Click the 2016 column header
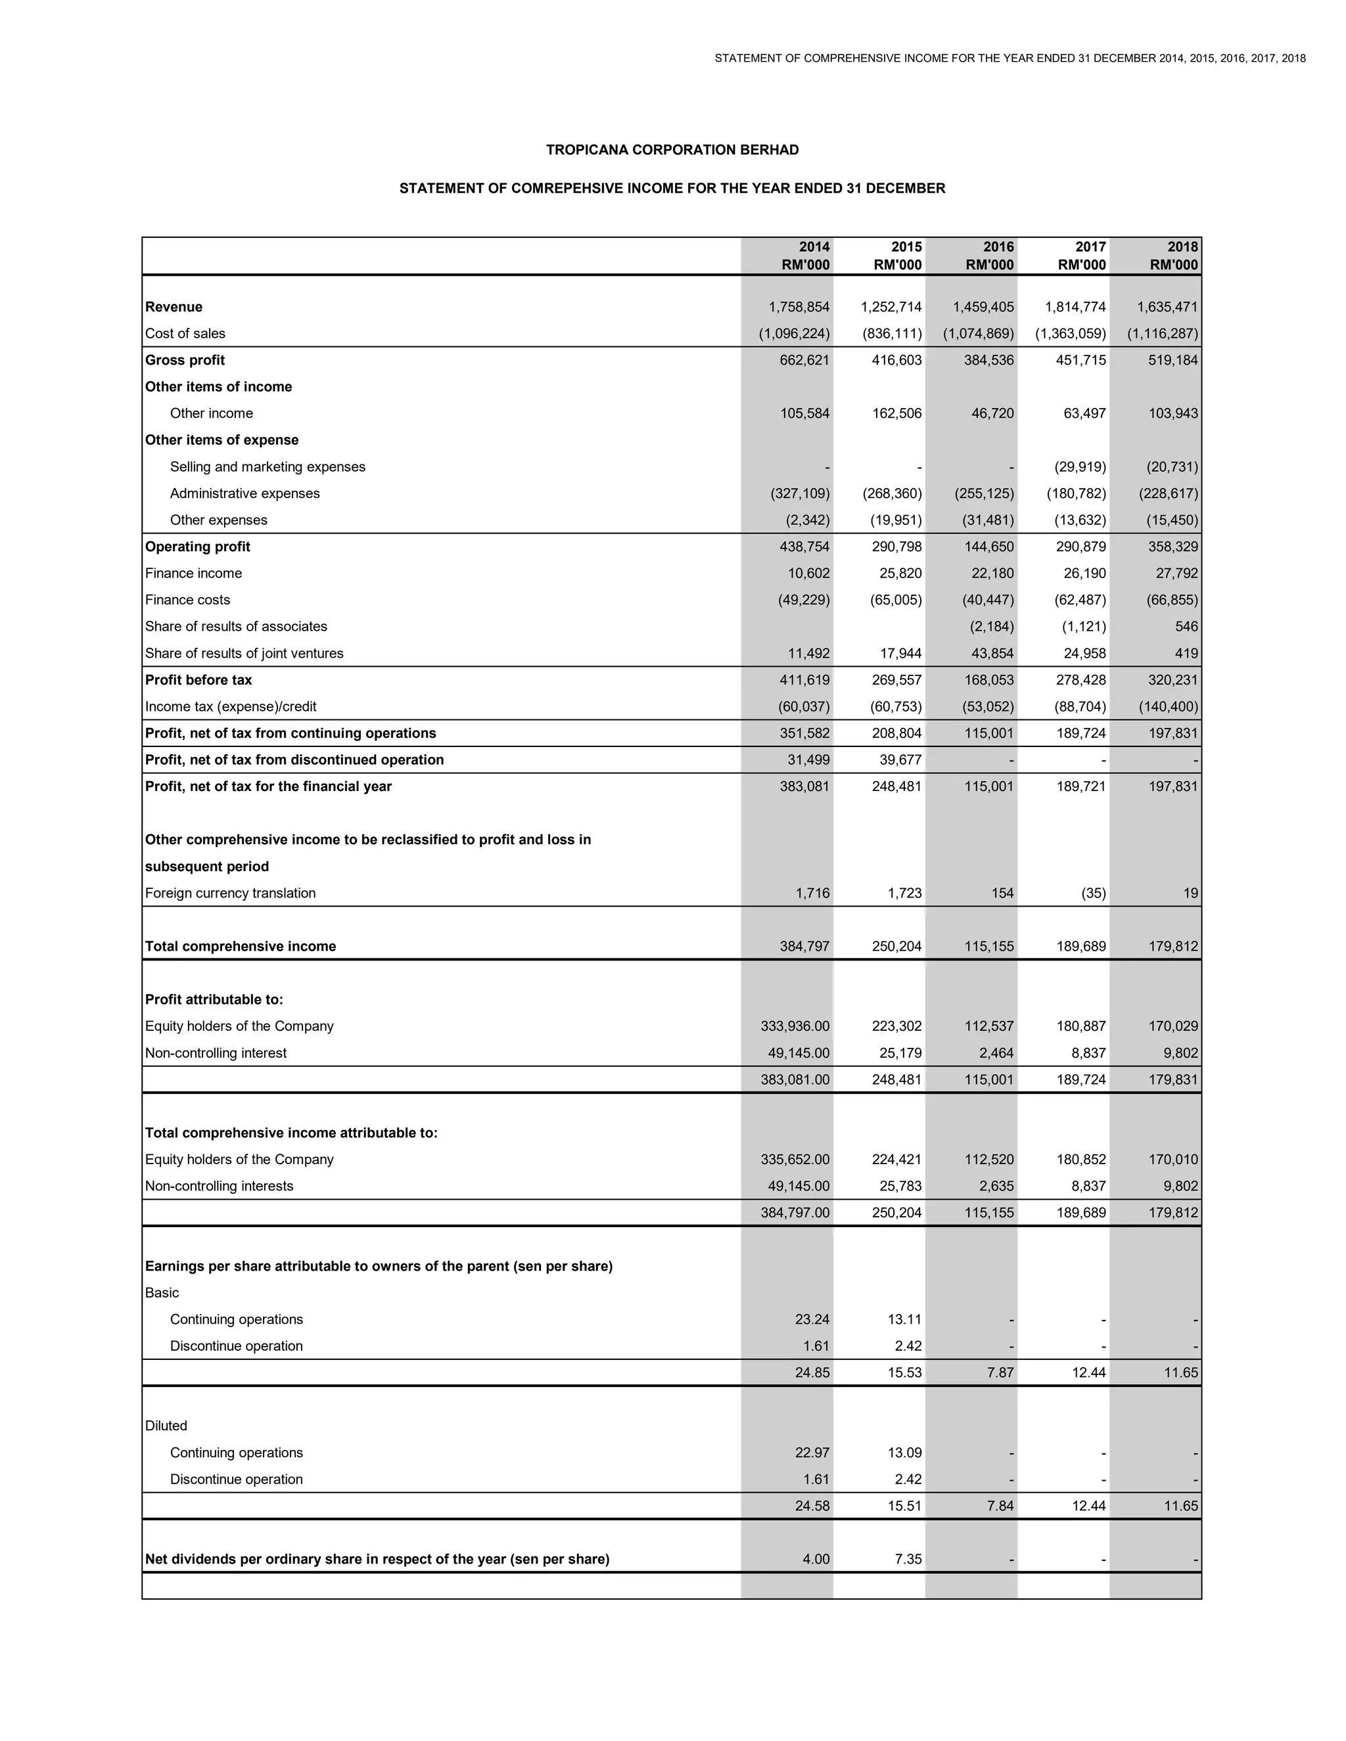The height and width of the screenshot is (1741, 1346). click(988, 256)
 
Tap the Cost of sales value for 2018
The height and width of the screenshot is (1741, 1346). click(1162, 333)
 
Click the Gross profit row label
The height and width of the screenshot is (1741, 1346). click(185, 360)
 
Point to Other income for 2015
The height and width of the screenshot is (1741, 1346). click(896, 413)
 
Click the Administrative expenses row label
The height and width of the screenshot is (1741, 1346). click(244, 493)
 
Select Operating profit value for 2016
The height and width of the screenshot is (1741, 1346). click(988, 547)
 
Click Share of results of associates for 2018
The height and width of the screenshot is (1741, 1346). click(1186, 627)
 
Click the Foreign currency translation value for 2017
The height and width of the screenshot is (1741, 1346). click(1093, 893)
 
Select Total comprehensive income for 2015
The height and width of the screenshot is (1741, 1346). click(896, 946)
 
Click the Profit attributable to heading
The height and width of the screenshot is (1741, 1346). click(214, 1000)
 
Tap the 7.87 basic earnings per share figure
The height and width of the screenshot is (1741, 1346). click(1000, 1372)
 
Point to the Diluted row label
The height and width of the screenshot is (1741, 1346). click(166, 1426)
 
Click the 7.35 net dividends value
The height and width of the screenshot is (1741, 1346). click(908, 1558)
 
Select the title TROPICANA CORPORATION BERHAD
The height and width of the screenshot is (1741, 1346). click(672, 150)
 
